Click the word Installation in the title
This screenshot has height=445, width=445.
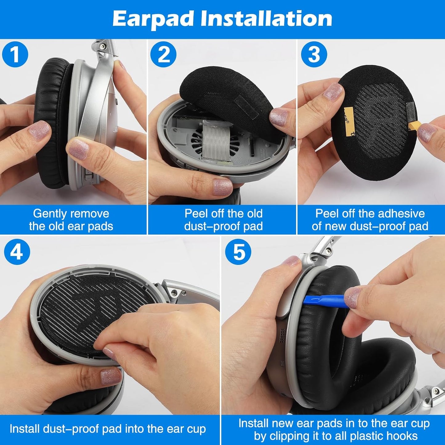(x=266, y=19)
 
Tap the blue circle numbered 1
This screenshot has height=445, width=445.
(x=15, y=55)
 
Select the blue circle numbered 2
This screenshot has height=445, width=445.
(x=163, y=55)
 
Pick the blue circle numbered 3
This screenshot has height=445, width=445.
(x=314, y=55)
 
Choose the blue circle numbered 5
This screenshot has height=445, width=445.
(x=238, y=252)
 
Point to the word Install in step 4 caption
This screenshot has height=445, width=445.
(x=24, y=429)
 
